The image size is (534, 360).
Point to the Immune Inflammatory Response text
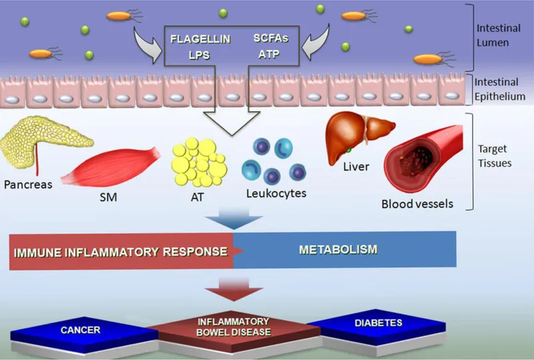coord(119,251)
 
